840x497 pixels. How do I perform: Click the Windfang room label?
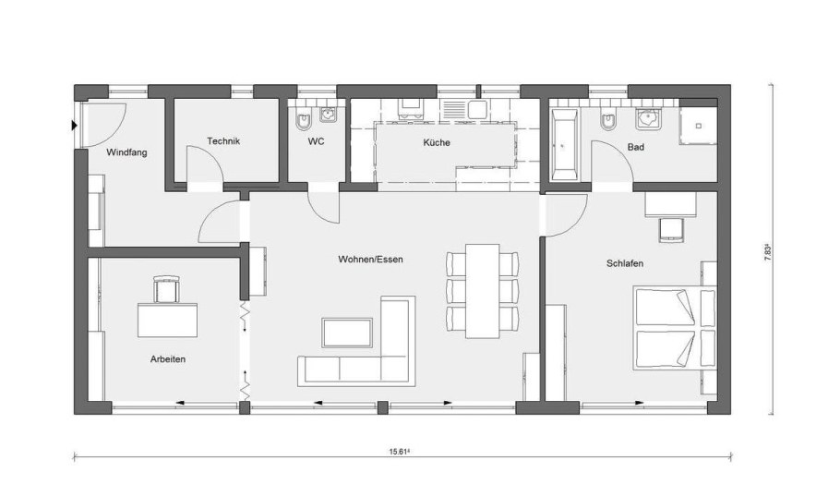(126, 152)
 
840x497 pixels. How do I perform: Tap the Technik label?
(223, 141)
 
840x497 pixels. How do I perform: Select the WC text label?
(316, 142)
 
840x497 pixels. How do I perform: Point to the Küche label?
(437, 142)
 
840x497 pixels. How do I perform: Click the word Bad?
(636, 147)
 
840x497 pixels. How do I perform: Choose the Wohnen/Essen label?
(371, 260)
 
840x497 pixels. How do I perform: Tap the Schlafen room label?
(625, 263)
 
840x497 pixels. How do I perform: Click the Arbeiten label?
(168, 359)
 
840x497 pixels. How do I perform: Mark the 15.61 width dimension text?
(400, 452)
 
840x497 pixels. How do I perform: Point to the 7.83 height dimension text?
(768, 251)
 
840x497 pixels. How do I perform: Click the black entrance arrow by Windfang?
(75, 126)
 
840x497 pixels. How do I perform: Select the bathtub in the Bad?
(565, 145)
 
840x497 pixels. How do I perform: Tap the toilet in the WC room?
(304, 120)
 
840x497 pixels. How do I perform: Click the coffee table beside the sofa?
(347, 333)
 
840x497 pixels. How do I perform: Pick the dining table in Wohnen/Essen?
(483, 291)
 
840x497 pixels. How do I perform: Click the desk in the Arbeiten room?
(168, 320)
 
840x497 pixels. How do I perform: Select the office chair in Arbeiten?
(166, 288)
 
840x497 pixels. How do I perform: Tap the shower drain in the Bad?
(699, 126)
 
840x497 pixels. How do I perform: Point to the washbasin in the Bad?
(648, 118)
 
